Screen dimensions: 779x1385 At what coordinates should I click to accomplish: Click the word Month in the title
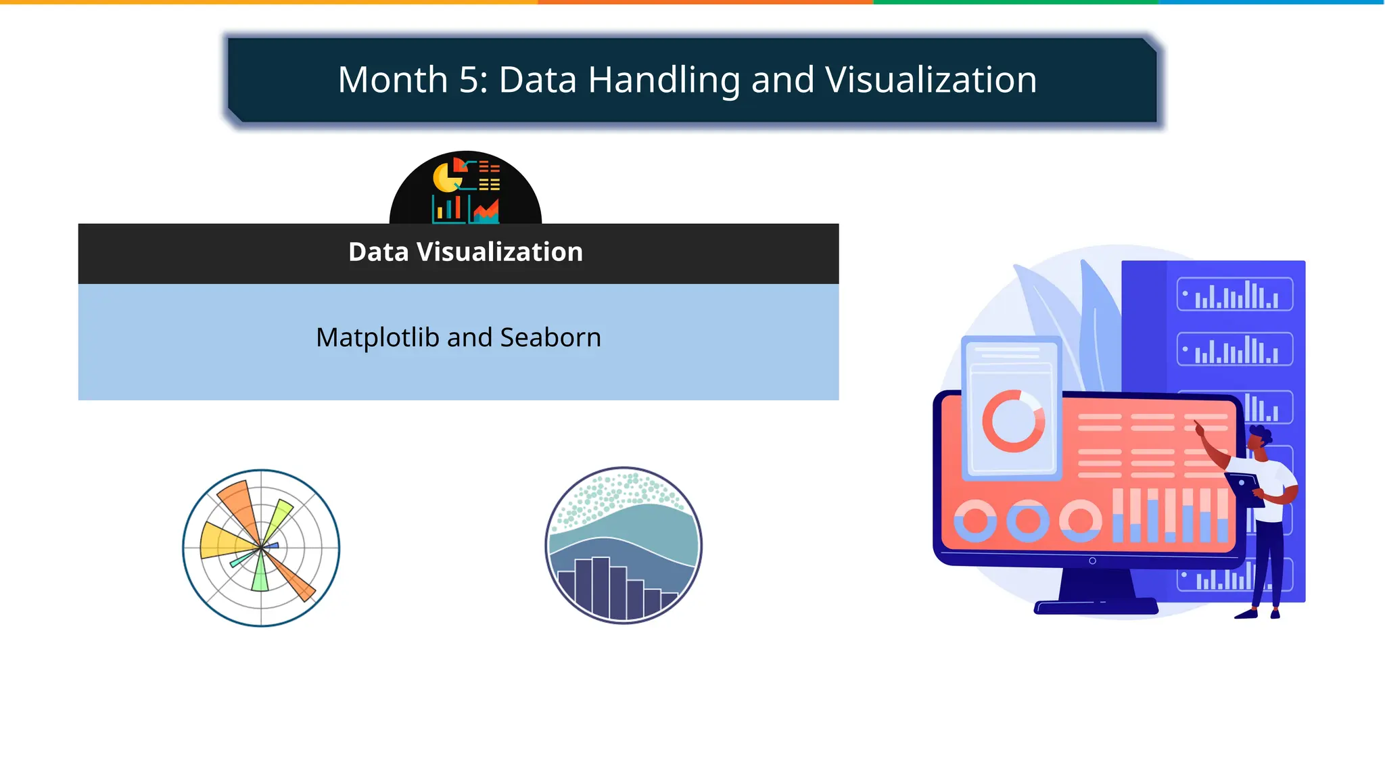point(392,80)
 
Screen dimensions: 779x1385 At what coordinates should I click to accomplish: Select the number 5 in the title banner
point(469,80)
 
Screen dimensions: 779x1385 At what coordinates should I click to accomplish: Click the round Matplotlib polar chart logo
point(261,548)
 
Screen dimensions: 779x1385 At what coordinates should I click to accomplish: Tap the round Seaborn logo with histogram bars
point(624,545)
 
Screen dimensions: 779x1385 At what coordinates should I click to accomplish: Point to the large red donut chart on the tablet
point(1013,421)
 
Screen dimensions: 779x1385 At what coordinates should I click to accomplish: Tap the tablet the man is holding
point(1244,488)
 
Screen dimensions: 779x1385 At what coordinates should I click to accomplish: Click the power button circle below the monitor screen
point(1092,561)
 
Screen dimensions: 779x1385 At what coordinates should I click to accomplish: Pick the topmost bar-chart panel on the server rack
point(1234,295)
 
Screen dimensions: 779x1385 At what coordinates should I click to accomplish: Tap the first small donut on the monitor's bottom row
point(975,521)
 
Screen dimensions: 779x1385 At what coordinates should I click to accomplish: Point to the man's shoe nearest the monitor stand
point(1246,614)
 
